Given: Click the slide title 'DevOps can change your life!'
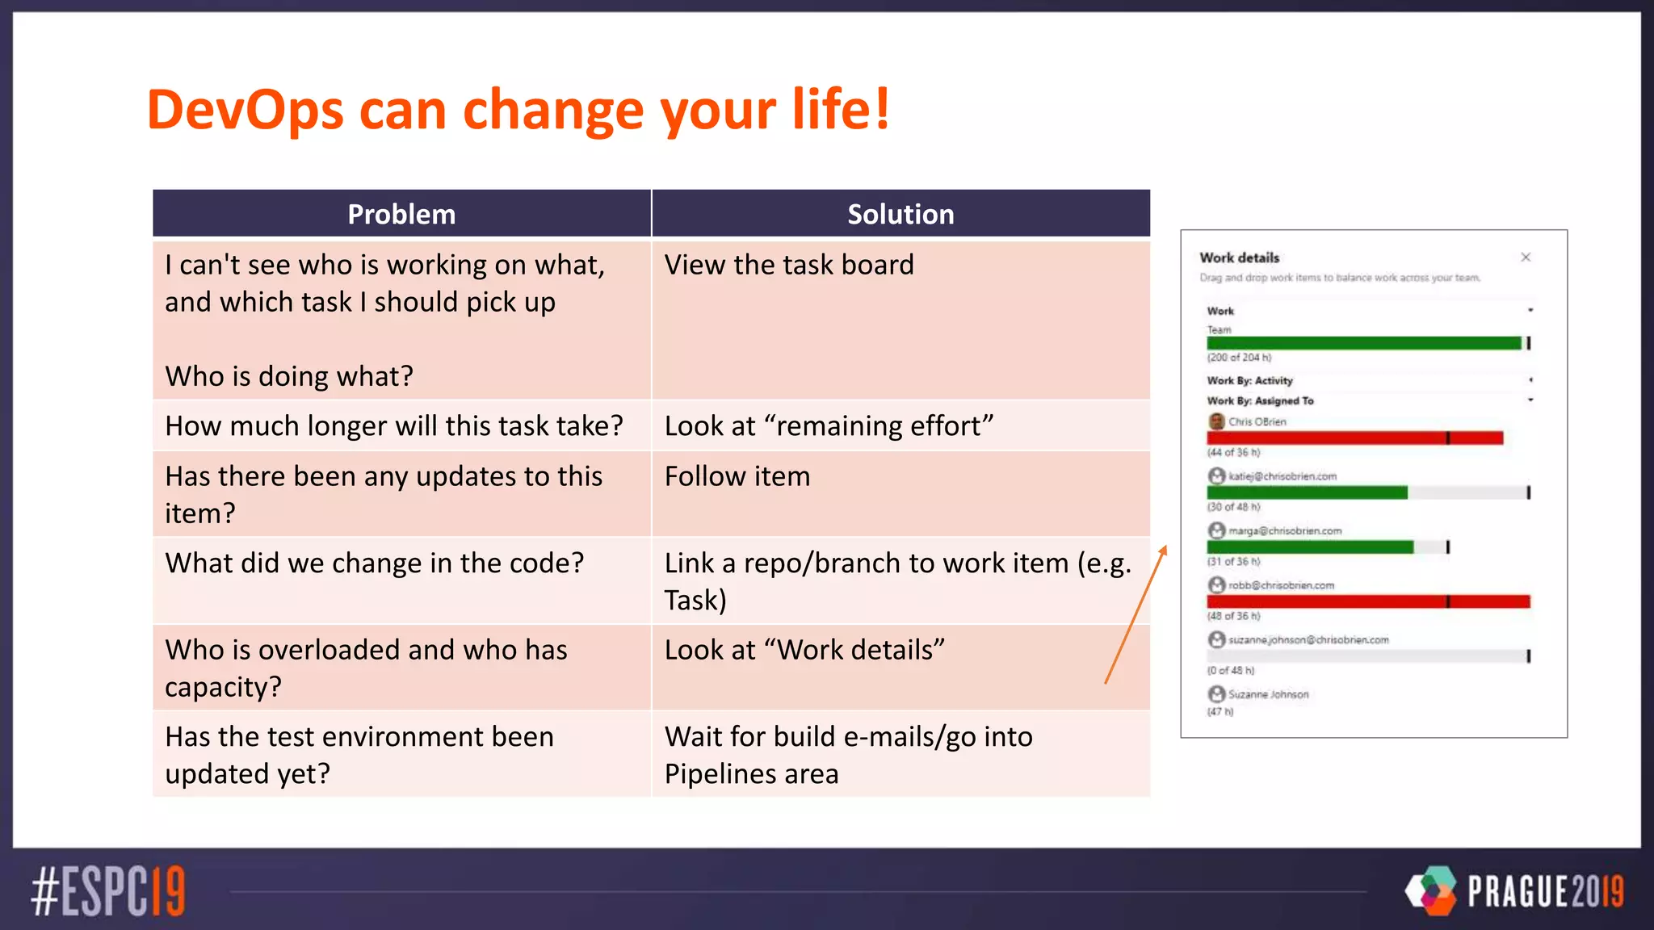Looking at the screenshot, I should [518, 110].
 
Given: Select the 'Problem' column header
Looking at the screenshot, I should [401, 214].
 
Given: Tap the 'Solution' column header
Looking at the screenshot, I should [900, 214].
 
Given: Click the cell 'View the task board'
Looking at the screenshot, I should [789, 265].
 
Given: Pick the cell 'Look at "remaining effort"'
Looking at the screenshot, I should [829, 425].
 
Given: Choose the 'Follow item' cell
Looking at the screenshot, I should [737, 476].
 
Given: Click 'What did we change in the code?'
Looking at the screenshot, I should [374, 563].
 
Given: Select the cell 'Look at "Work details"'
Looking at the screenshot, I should [804, 650].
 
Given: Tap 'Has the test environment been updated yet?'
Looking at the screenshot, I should [359, 755].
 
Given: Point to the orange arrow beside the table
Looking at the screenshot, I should [1136, 615].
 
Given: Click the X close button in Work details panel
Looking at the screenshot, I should [1526, 258].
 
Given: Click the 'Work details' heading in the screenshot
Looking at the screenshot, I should [1239, 258].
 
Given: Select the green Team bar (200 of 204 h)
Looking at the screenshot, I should [1363, 343].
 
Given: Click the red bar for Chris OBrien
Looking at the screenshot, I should [1354, 438].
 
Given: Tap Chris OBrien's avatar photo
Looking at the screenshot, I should [1216, 421].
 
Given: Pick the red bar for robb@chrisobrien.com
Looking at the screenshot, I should [1368, 601].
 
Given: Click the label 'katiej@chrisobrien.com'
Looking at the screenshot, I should [1282, 476].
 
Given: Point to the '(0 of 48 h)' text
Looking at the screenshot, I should [1231, 670].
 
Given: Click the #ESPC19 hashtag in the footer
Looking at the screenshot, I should [108, 891].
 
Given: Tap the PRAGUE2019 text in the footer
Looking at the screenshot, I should [1545, 891].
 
